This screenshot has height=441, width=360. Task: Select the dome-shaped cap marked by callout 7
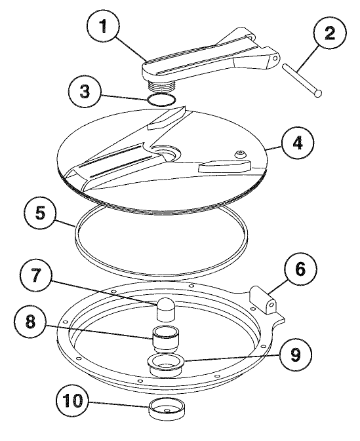tap(167, 303)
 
